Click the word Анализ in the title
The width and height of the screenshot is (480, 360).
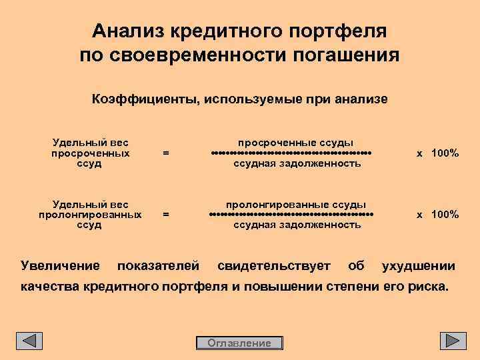pyautogui.click(x=129, y=31)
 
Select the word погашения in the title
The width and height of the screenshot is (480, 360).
pyautogui.click(x=345, y=54)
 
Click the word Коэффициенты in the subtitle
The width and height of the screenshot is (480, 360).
pyautogui.click(x=143, y=99)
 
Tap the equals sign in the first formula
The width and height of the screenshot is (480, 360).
pyautogui.click(x=166, y=153)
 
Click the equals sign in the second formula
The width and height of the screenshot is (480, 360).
pyautogui.click(x=166, y=215)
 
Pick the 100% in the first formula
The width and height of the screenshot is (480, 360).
pyautogui.click(x=445, y=153)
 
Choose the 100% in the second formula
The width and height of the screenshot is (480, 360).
pyautogui.click(x=445, y=215)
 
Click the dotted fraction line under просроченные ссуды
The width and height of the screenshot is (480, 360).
pyautogui.click(x=291, y=153)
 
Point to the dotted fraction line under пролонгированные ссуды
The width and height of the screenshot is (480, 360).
pyautogui.click(x=291, y=215)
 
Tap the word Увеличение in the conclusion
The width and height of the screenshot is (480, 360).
pyautogui.click(x=60, y=267)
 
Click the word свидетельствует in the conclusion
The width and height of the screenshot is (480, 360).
pyautogui.click(x=274, y=267)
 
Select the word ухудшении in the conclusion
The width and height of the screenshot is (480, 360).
pyautogui.click(x=418, y=267)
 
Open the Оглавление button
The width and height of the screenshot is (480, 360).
pyautogui.click(x=239, y=343)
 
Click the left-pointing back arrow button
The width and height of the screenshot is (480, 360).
pyautogui.click(x=29, y=341)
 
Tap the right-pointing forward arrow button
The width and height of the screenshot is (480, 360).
pyautogui.click(x=453, y=341)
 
